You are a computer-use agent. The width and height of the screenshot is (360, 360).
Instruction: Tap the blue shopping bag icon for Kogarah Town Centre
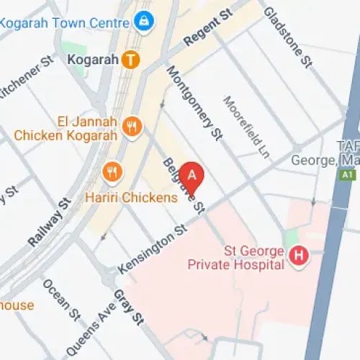145,21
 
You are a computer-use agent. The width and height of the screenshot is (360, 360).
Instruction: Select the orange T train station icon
130,60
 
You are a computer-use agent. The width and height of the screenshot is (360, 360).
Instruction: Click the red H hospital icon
297,255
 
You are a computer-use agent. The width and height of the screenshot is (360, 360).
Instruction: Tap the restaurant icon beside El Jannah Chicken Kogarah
132,127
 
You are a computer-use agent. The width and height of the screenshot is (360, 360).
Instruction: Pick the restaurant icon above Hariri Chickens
112,171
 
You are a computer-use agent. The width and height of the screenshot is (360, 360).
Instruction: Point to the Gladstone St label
287,38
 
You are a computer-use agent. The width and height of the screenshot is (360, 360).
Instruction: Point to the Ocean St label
60,298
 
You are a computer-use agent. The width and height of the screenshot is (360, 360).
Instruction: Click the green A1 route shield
348,174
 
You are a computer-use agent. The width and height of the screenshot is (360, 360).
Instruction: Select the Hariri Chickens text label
131,197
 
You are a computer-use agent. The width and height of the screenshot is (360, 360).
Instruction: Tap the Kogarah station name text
91,60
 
